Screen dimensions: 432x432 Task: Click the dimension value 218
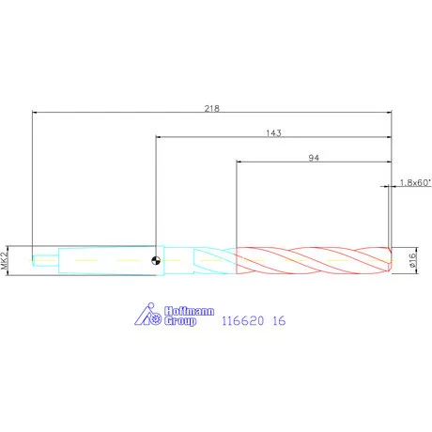point(212,108)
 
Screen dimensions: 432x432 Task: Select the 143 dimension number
point(273,133)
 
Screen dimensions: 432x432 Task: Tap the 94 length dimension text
point(314,158)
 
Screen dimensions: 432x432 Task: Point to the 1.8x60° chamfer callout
point(415,182)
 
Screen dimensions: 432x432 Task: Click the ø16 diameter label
point(412,260)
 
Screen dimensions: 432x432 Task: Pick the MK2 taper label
point(4,260)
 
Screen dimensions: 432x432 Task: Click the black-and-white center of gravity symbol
point(156,260)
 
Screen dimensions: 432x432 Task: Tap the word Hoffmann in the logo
point(190,311)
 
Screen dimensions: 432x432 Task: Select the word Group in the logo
point(180,321)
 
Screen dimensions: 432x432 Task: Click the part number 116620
point(242,320)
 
